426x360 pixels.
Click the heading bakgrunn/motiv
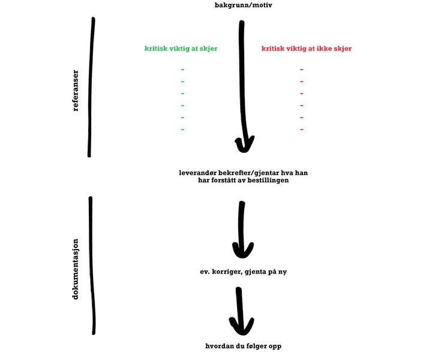coord(243,5)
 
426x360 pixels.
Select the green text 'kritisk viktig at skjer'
coord(181,49)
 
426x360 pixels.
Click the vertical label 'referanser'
coord(76,91)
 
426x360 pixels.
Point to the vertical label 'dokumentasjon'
coord(75,269)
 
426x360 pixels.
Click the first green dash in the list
coord(182,70)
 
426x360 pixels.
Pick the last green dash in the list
coord(182,130)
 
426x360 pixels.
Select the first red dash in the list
coord(302,70)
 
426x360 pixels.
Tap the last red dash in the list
coord(302,130)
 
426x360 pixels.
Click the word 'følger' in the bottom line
coord(257,346)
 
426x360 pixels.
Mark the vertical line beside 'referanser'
coord(91,87)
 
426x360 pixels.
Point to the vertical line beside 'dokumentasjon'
coord(92,265)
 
